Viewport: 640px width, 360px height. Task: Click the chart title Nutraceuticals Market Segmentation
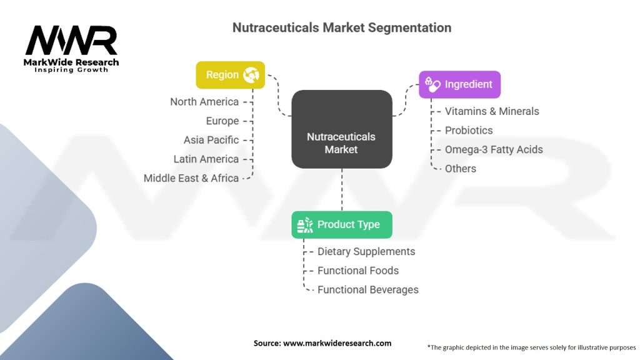point(341,28)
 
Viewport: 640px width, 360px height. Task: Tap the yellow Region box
point(230,74)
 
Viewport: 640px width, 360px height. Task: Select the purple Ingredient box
point(459,84)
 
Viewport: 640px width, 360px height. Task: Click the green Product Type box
point(341,224)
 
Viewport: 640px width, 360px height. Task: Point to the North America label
point(204,101)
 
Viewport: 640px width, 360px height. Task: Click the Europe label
point(222,121)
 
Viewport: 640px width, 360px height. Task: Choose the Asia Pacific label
point(211,139)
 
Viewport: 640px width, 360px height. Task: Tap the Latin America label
point(206,159)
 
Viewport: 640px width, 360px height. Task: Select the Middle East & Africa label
point(191,178)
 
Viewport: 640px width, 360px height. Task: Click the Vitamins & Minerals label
point(491,111)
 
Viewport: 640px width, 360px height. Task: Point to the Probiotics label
point(468,130)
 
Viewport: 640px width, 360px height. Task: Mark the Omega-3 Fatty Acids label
point(493,149)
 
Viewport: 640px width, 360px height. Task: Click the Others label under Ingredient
point(460,169)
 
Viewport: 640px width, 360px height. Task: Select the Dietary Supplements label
point(366,251)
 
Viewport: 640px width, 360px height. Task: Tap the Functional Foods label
point(357,271)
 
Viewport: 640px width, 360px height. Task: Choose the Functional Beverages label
point(367,289)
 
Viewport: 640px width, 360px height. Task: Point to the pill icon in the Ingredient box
point(432,83)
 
